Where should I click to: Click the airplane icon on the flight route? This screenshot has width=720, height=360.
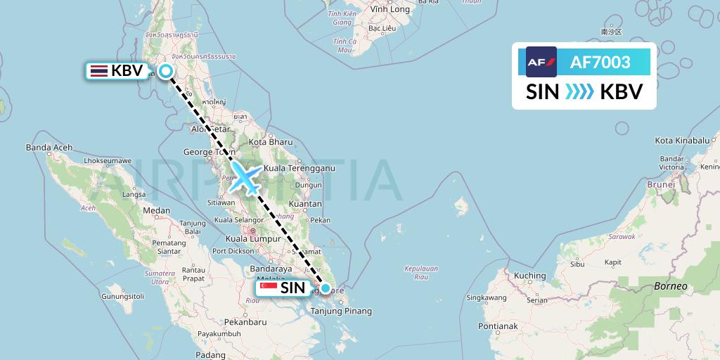(245, 176)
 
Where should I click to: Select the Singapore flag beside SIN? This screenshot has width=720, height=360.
(268, 288)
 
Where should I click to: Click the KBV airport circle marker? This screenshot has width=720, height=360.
(166, 70)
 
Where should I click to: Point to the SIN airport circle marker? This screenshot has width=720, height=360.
(326, 287)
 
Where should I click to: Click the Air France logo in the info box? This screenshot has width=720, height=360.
(541, 62)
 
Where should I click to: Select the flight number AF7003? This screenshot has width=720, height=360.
(600, 63)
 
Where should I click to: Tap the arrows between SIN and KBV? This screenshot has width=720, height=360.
(579, 92)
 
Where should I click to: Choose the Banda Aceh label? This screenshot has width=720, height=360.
(45, 148)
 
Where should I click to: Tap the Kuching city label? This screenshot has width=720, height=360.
(529, 276)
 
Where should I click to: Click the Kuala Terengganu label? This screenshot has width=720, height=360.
(300, 169)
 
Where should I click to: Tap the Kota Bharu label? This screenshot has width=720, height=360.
(265, 143)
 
